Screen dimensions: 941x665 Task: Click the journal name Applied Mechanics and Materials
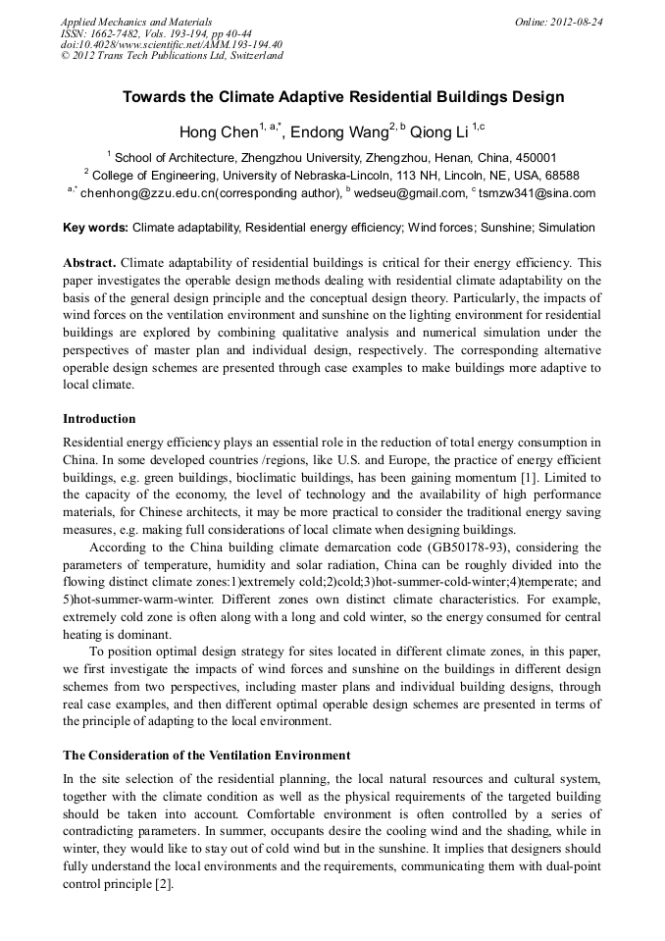136,21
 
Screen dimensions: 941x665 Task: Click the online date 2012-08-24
571,21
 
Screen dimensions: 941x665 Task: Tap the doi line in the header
172,44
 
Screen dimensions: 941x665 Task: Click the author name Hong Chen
218,132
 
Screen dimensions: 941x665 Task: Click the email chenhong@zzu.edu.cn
147,193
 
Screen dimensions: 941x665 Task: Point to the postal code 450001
535,157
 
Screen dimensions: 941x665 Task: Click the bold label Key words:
95,228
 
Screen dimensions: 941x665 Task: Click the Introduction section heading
99,419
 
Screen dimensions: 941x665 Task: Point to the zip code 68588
560,176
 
